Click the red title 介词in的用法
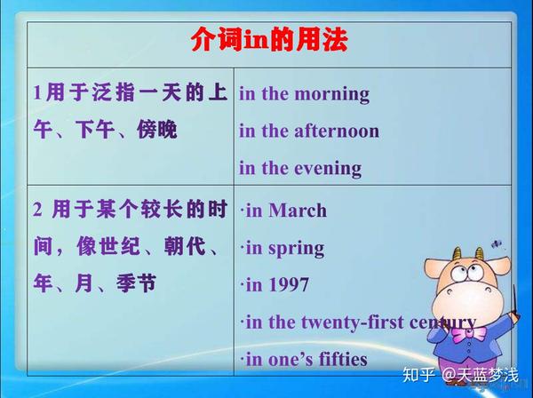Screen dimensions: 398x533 click(x=268, y=41)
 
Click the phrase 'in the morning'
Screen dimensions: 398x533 click(x=304, y=93)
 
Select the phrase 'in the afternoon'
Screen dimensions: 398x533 click(x=308, y=131)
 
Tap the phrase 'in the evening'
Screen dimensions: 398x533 click(x=299, y=168)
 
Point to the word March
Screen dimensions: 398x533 click(x=298, y=211)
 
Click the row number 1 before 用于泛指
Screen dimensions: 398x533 click(x=37, y=92)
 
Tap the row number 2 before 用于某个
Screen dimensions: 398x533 click(x=38, y=210)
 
